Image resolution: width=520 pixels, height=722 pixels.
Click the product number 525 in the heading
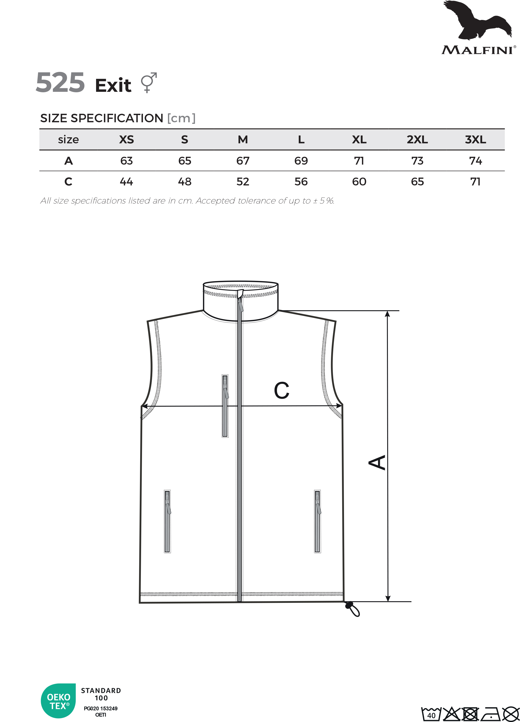pos(60,82)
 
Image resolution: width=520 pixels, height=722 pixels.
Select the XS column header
pos(127,140)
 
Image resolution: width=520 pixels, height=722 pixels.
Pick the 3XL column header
pos(475,140)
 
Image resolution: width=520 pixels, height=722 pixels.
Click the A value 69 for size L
pos(301,161)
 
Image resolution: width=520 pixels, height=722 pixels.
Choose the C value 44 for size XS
pos(127,182)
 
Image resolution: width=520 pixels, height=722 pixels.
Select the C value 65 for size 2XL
pos(417,182)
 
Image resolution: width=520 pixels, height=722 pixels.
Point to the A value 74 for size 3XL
pos(475,161)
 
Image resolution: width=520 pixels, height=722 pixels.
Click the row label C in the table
pos(69,182)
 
